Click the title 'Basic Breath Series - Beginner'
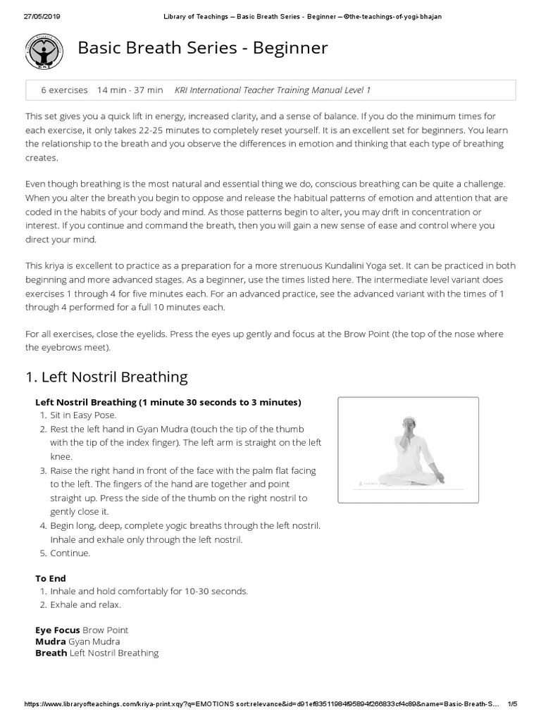202,49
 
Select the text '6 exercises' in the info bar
64,90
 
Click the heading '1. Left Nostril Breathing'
106,377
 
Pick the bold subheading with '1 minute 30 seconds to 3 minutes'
168,402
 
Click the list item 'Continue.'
70,553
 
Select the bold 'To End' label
51,578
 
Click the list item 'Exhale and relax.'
85,604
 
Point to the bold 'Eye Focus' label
58,629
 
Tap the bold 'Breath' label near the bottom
51,653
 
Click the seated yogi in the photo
409,451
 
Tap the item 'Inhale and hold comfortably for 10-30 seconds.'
149,591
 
